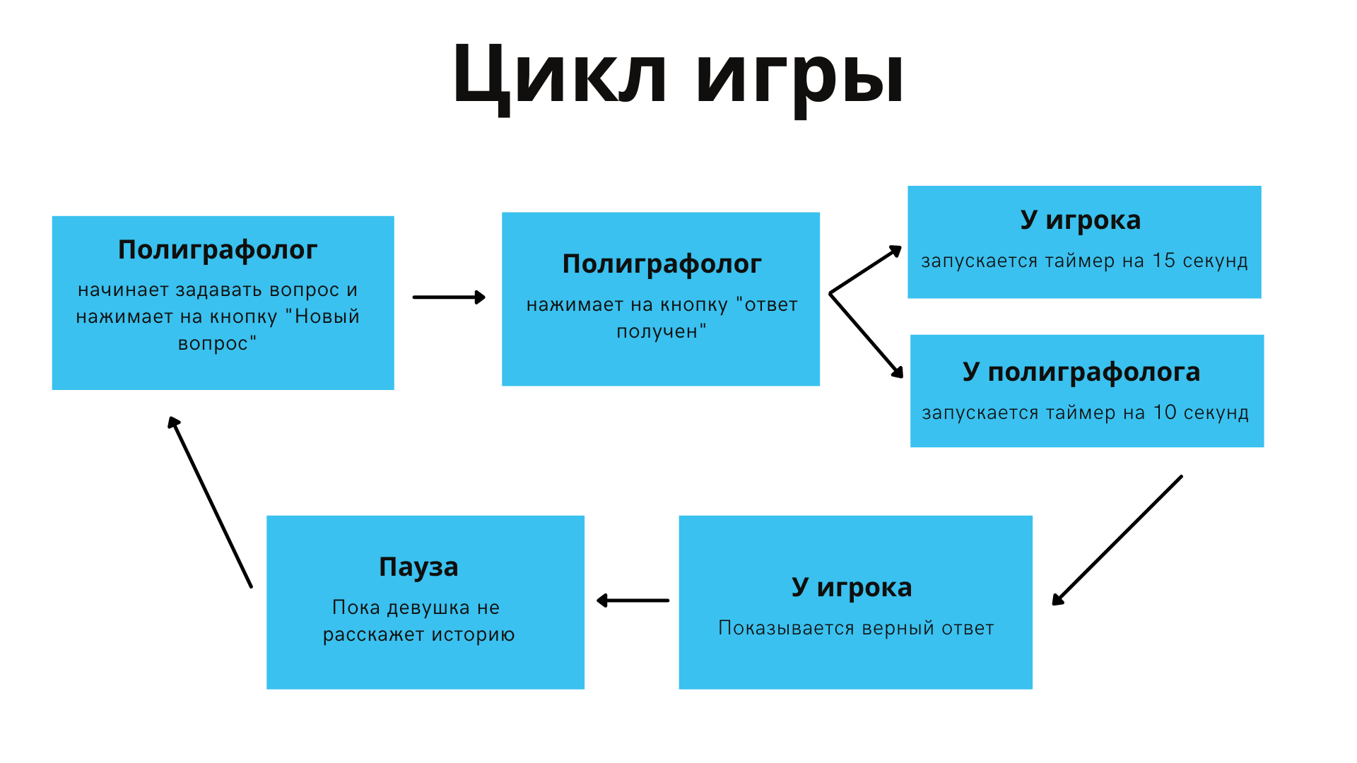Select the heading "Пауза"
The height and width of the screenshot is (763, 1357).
(x=418, y=567)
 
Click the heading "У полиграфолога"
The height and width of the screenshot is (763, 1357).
(x=1081, y=372)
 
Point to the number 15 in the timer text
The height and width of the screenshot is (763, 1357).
(x=1163, y=260)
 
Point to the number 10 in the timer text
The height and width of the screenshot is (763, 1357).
(x=1165, y=412)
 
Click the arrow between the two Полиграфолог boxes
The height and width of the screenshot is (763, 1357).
(x=449, y=297)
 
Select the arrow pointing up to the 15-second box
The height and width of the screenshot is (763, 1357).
(x=865, y=270)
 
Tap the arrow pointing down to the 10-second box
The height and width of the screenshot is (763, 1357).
(x=867, y=335)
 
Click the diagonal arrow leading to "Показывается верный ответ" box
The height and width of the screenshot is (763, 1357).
(x=1117, y=540)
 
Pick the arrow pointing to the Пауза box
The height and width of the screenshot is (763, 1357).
(x=633, y=601)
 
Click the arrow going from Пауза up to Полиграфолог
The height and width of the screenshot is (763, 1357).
(x=210, y=502)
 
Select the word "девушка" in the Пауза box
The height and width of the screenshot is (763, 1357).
(x=428, y=608)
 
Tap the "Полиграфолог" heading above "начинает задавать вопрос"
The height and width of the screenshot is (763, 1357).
(x=218, y=249)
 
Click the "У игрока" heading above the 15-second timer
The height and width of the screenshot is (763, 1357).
(x=1081, y=220)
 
